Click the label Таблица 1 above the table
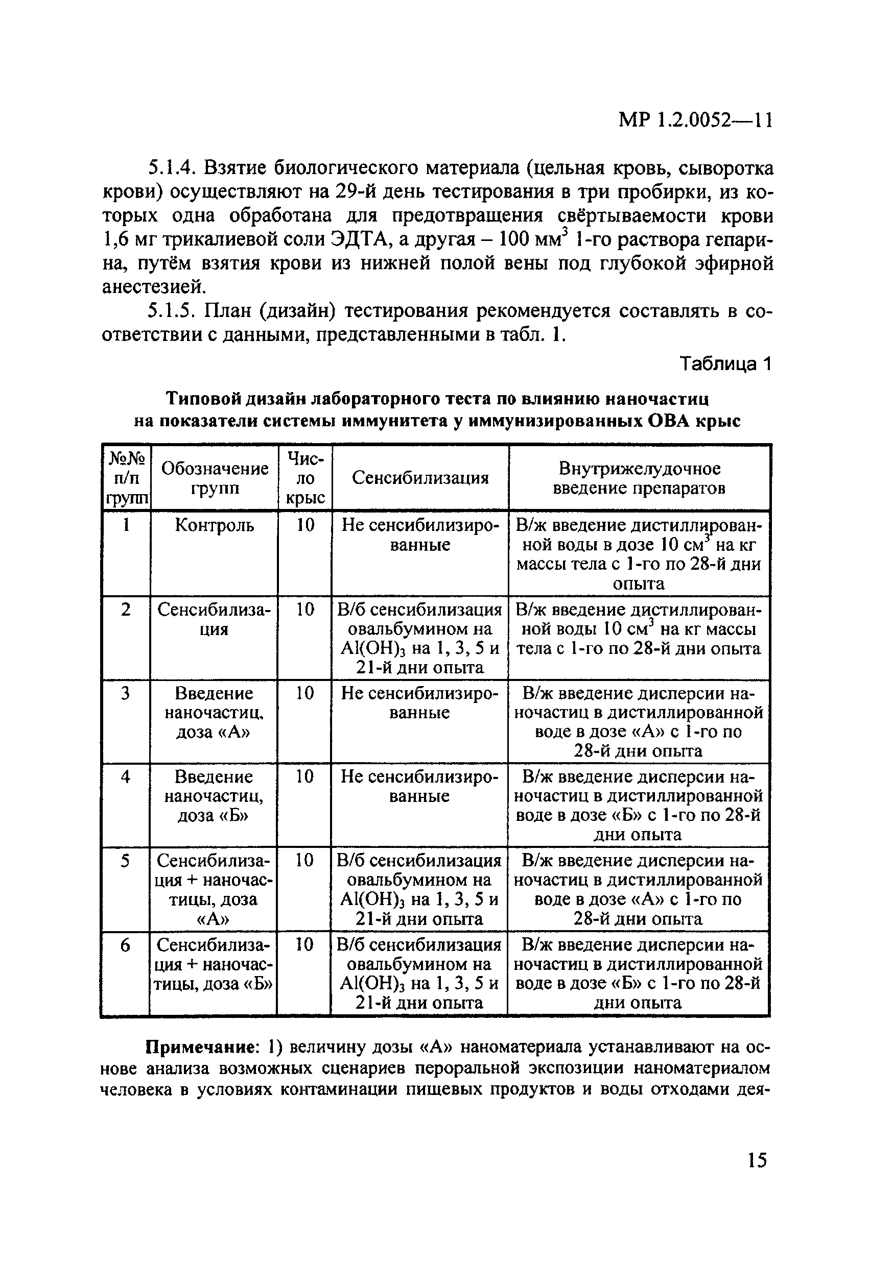pyautogui.click(x=725, y=363)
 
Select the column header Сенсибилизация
pyautogui.click(x=420, y=478)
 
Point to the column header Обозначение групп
pyautogui.click(x=214, y=478)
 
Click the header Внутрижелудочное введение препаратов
pyautogui.click(x=639, y=478)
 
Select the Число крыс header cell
pyautogui.click(x=306, y=478)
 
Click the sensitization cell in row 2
pyautogui.click(x=420, y=638)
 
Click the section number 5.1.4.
pyautogui.click(x=173, y=169)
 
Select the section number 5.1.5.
pyautogui.click(x=173, y=311)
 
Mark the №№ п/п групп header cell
pyautogui.click(x=127, y=478)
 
